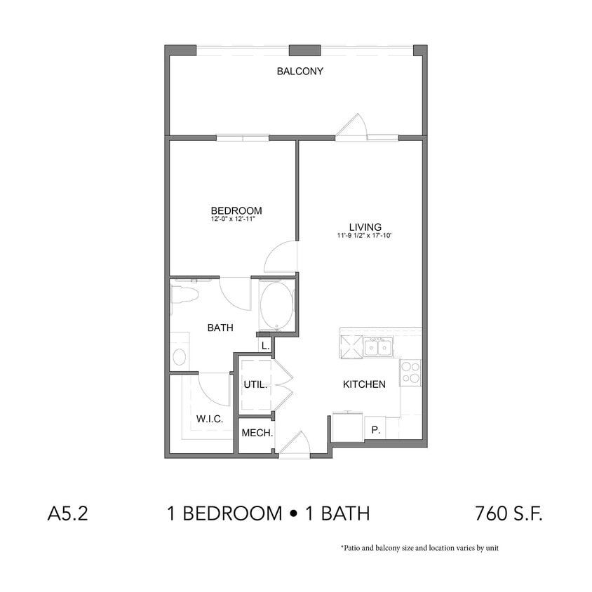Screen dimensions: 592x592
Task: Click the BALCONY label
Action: coord(300,71)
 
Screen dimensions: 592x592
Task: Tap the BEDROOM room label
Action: coord(236,210)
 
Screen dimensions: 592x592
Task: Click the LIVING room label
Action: coord(365,227)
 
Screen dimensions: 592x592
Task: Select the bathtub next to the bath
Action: coord(276,306)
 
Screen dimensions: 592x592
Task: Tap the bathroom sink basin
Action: coord(178,356)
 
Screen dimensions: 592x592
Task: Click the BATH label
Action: coord(220,328)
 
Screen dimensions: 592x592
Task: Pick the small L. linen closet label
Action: coord(265,346)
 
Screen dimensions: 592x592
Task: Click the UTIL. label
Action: coord(254,384)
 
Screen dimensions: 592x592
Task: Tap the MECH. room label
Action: coord(257,433)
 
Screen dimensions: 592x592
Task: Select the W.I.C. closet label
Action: coord(209,419)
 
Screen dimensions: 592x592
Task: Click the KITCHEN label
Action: coord(363,384)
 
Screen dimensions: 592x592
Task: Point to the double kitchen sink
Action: coord(377,347)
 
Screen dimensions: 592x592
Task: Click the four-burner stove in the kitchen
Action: coord(410,372)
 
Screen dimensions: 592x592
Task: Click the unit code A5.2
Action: coord(67,514)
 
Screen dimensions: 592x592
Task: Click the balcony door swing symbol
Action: coord(350,126)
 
